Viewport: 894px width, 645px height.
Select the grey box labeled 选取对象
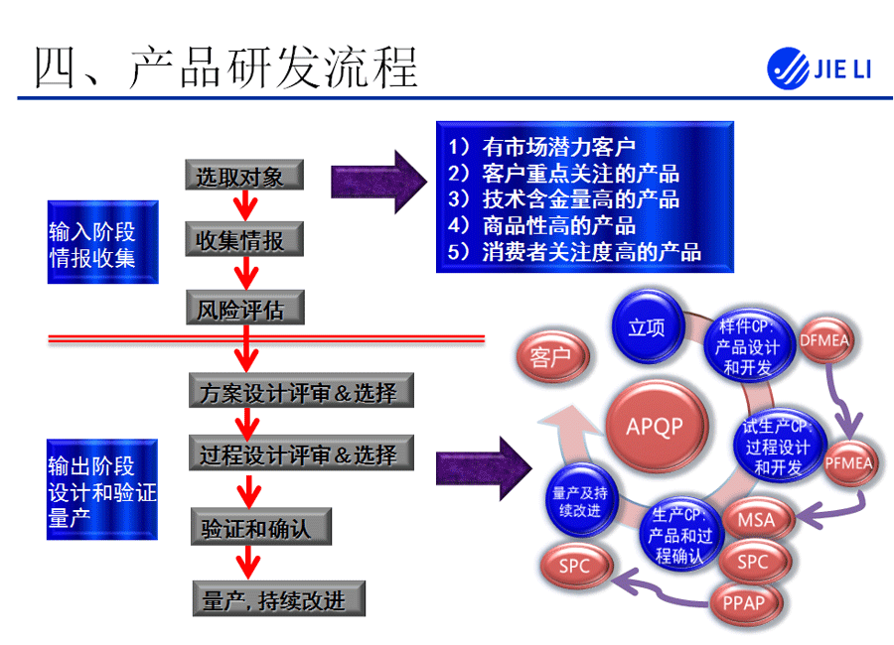pyautogui.click(x=242, y=177)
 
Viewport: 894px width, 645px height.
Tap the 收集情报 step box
pyautogui.click(x=242, y=241)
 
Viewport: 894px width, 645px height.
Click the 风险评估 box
pyautogui.click(x=242, y=310)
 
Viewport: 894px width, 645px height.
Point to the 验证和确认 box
pyautogui.click(x=258, y=527)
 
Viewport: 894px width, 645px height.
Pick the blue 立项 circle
pyautogui.click(x=647, y=326)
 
